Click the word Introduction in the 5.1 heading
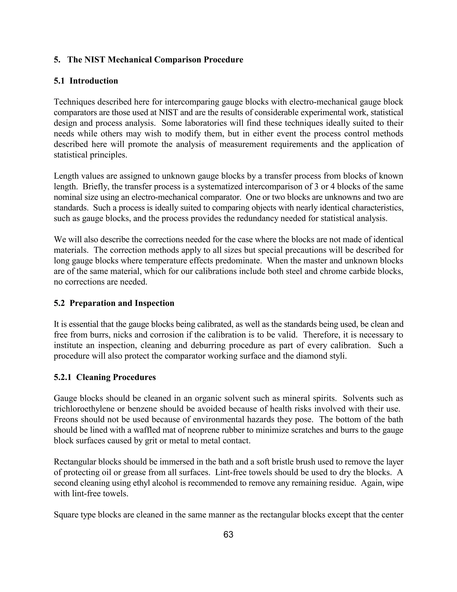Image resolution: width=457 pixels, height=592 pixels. point(94,81)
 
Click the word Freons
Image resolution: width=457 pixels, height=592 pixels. point(66,420)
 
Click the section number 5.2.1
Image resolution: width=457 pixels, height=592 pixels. point(62,377)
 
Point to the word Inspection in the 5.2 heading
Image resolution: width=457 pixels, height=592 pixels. point(154,303)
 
